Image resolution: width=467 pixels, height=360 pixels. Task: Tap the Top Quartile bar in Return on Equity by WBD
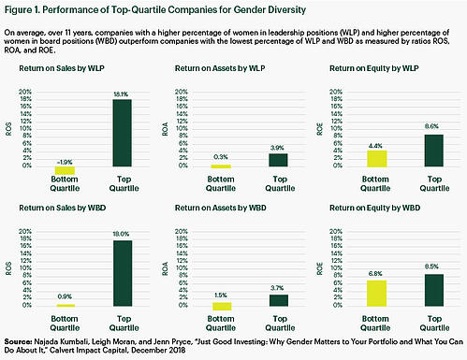tap(431, 290)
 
